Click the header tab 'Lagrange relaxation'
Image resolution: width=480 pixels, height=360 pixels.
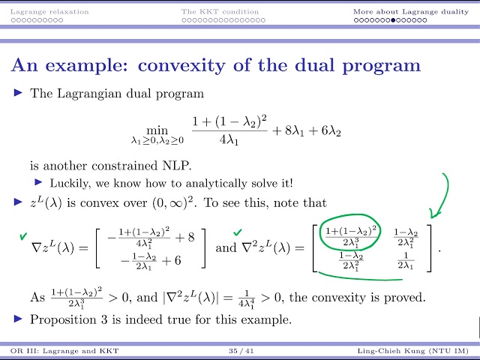click(x=49, y=11)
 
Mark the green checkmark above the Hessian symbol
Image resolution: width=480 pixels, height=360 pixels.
click(x=238, y=232)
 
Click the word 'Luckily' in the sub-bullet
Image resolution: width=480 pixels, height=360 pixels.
click(x=67, y=182)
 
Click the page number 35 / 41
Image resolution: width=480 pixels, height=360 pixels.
click(x=239, y=352)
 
